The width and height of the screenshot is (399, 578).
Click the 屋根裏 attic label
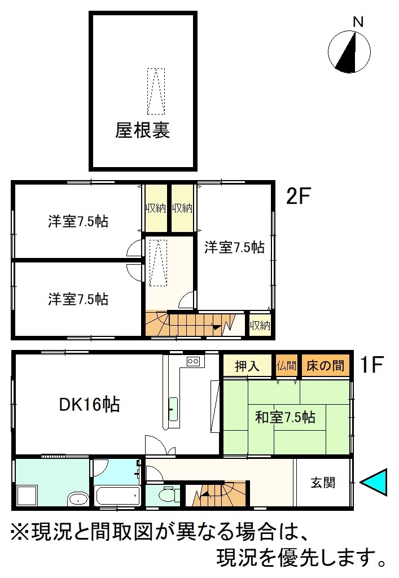142,130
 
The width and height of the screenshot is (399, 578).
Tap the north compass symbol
349,52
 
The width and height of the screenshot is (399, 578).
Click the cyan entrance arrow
374,482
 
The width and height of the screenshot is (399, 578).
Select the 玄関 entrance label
323,483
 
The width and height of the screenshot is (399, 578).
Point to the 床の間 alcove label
325,366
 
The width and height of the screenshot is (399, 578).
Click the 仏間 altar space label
286,366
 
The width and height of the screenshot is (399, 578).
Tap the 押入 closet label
247,366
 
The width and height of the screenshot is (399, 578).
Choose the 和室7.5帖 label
285,417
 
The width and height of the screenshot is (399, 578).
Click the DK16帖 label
90,404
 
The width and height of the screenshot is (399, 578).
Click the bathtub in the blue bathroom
117,496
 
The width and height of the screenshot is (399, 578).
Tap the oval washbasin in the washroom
78,500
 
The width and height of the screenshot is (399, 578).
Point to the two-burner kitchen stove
194,361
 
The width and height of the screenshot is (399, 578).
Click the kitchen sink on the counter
173,409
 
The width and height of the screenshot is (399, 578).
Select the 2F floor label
299,196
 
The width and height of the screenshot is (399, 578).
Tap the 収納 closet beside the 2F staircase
260,325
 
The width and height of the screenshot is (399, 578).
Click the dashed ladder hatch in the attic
156,91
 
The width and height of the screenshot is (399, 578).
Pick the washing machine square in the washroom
27,496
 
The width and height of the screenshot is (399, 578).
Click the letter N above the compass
358,22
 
